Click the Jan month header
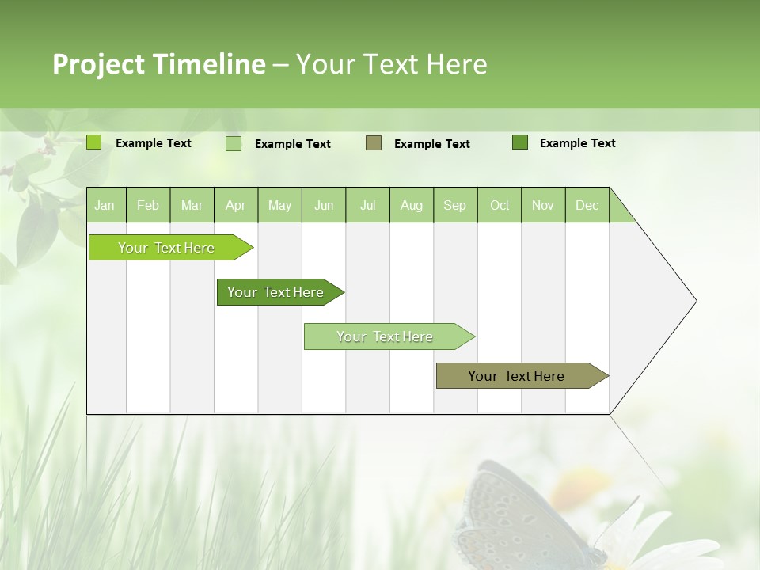[x=104, y=206]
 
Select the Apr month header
[x=235, y=206]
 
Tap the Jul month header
[x=367, y=206]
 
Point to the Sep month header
[x=454, y=206]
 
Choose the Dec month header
[x=587, y=206]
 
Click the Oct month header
[x=500, y=206]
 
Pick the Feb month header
[x=148, y=206]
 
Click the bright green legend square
[x=94, y=142]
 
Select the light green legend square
[x=234, y=143]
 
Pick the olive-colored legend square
[x=374, y=142]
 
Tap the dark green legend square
[x=520, y=142]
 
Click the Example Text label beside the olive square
[x=432, y=144]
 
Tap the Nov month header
[x=543, y=206]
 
